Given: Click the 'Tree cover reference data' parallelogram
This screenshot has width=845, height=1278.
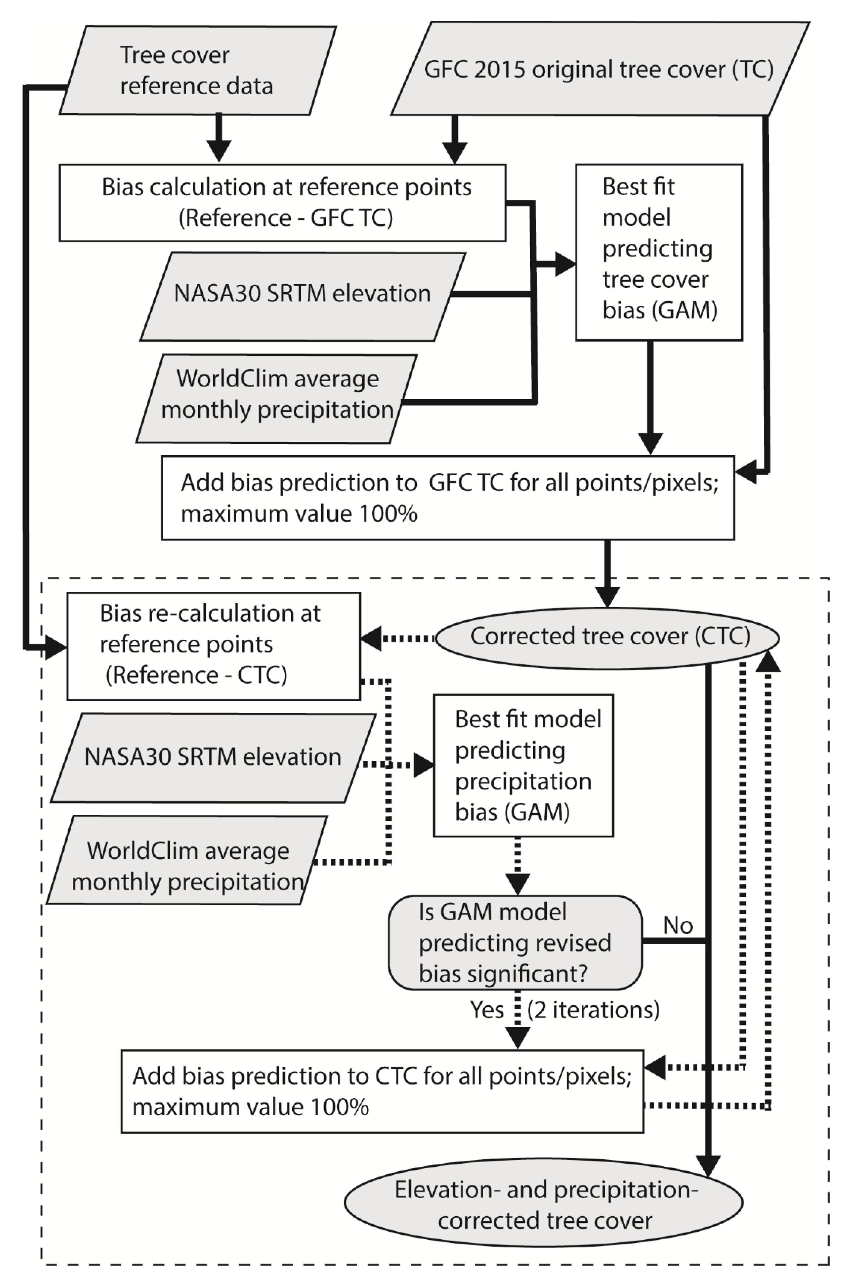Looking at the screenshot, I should point(197,71).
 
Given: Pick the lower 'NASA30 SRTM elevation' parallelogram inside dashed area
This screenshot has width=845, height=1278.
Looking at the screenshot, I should point(213,758).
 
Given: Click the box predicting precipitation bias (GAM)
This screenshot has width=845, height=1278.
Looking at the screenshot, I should point(523,765).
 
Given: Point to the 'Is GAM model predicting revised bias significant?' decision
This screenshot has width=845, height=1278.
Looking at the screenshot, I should point(515,943).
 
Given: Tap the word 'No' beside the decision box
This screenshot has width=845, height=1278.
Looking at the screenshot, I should point(677,926).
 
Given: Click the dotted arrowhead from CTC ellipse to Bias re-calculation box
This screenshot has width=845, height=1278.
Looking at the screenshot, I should point(371,639).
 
